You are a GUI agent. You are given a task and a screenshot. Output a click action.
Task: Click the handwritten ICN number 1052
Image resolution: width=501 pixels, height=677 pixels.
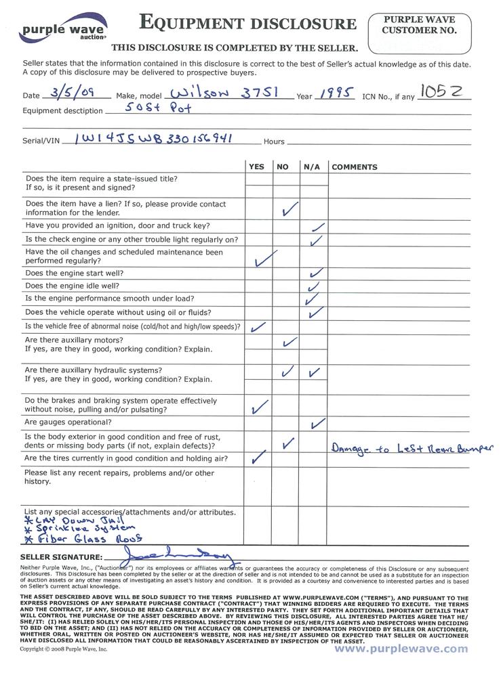[443, 90]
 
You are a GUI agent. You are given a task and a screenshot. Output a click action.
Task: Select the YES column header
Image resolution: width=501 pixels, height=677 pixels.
[257, 167]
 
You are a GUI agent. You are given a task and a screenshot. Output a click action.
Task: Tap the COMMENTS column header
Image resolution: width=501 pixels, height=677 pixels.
[355, 167]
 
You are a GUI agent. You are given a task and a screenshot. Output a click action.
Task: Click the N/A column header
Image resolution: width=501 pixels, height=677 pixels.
[312, 167]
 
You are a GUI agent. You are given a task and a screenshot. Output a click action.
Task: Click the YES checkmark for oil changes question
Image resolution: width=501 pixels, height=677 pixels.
[263, 258]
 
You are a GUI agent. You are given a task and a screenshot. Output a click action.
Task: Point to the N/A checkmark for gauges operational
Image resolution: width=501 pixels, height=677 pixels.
[317, 424]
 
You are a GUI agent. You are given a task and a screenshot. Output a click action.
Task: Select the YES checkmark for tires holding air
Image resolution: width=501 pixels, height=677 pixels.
[257, 458]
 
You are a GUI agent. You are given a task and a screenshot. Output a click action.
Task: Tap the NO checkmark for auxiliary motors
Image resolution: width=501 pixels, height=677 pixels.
[289, 342]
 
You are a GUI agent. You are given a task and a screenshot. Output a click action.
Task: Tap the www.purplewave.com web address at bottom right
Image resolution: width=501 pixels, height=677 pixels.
[401, 648]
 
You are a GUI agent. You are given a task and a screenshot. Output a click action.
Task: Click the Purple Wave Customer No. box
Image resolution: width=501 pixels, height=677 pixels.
[420, 35]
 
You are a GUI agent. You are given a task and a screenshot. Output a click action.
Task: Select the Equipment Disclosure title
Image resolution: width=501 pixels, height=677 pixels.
[247, 23]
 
